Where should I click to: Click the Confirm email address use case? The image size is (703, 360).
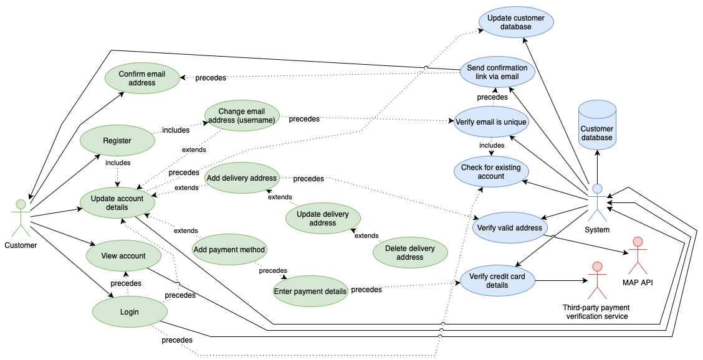coord(142,78)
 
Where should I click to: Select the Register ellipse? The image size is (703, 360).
coord(117,140)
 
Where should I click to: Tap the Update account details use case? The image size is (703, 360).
coord(117,202)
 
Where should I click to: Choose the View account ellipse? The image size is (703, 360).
coord(123,255)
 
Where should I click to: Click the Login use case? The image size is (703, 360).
coord(125,311)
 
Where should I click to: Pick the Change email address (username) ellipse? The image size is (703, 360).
coord(242,116)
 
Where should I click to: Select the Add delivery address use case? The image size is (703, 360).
coord(241,178)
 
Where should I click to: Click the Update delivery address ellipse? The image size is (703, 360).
coord(322,219)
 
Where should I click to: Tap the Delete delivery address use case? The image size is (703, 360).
coord(409,252)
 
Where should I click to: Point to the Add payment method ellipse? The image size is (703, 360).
coord(229,250)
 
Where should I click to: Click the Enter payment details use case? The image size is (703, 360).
coord(310,291)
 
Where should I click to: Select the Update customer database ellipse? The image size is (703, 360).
coord(515,22)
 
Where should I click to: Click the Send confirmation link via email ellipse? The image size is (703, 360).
coord(497,72)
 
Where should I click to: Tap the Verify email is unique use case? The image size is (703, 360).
coord(491,121)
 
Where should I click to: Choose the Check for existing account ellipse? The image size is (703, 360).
coord(491,171)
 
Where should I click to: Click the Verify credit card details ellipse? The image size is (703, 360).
coord(497,281)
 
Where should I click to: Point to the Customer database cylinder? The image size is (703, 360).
coord(597,125)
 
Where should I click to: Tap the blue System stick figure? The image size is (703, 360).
coord(597,202)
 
